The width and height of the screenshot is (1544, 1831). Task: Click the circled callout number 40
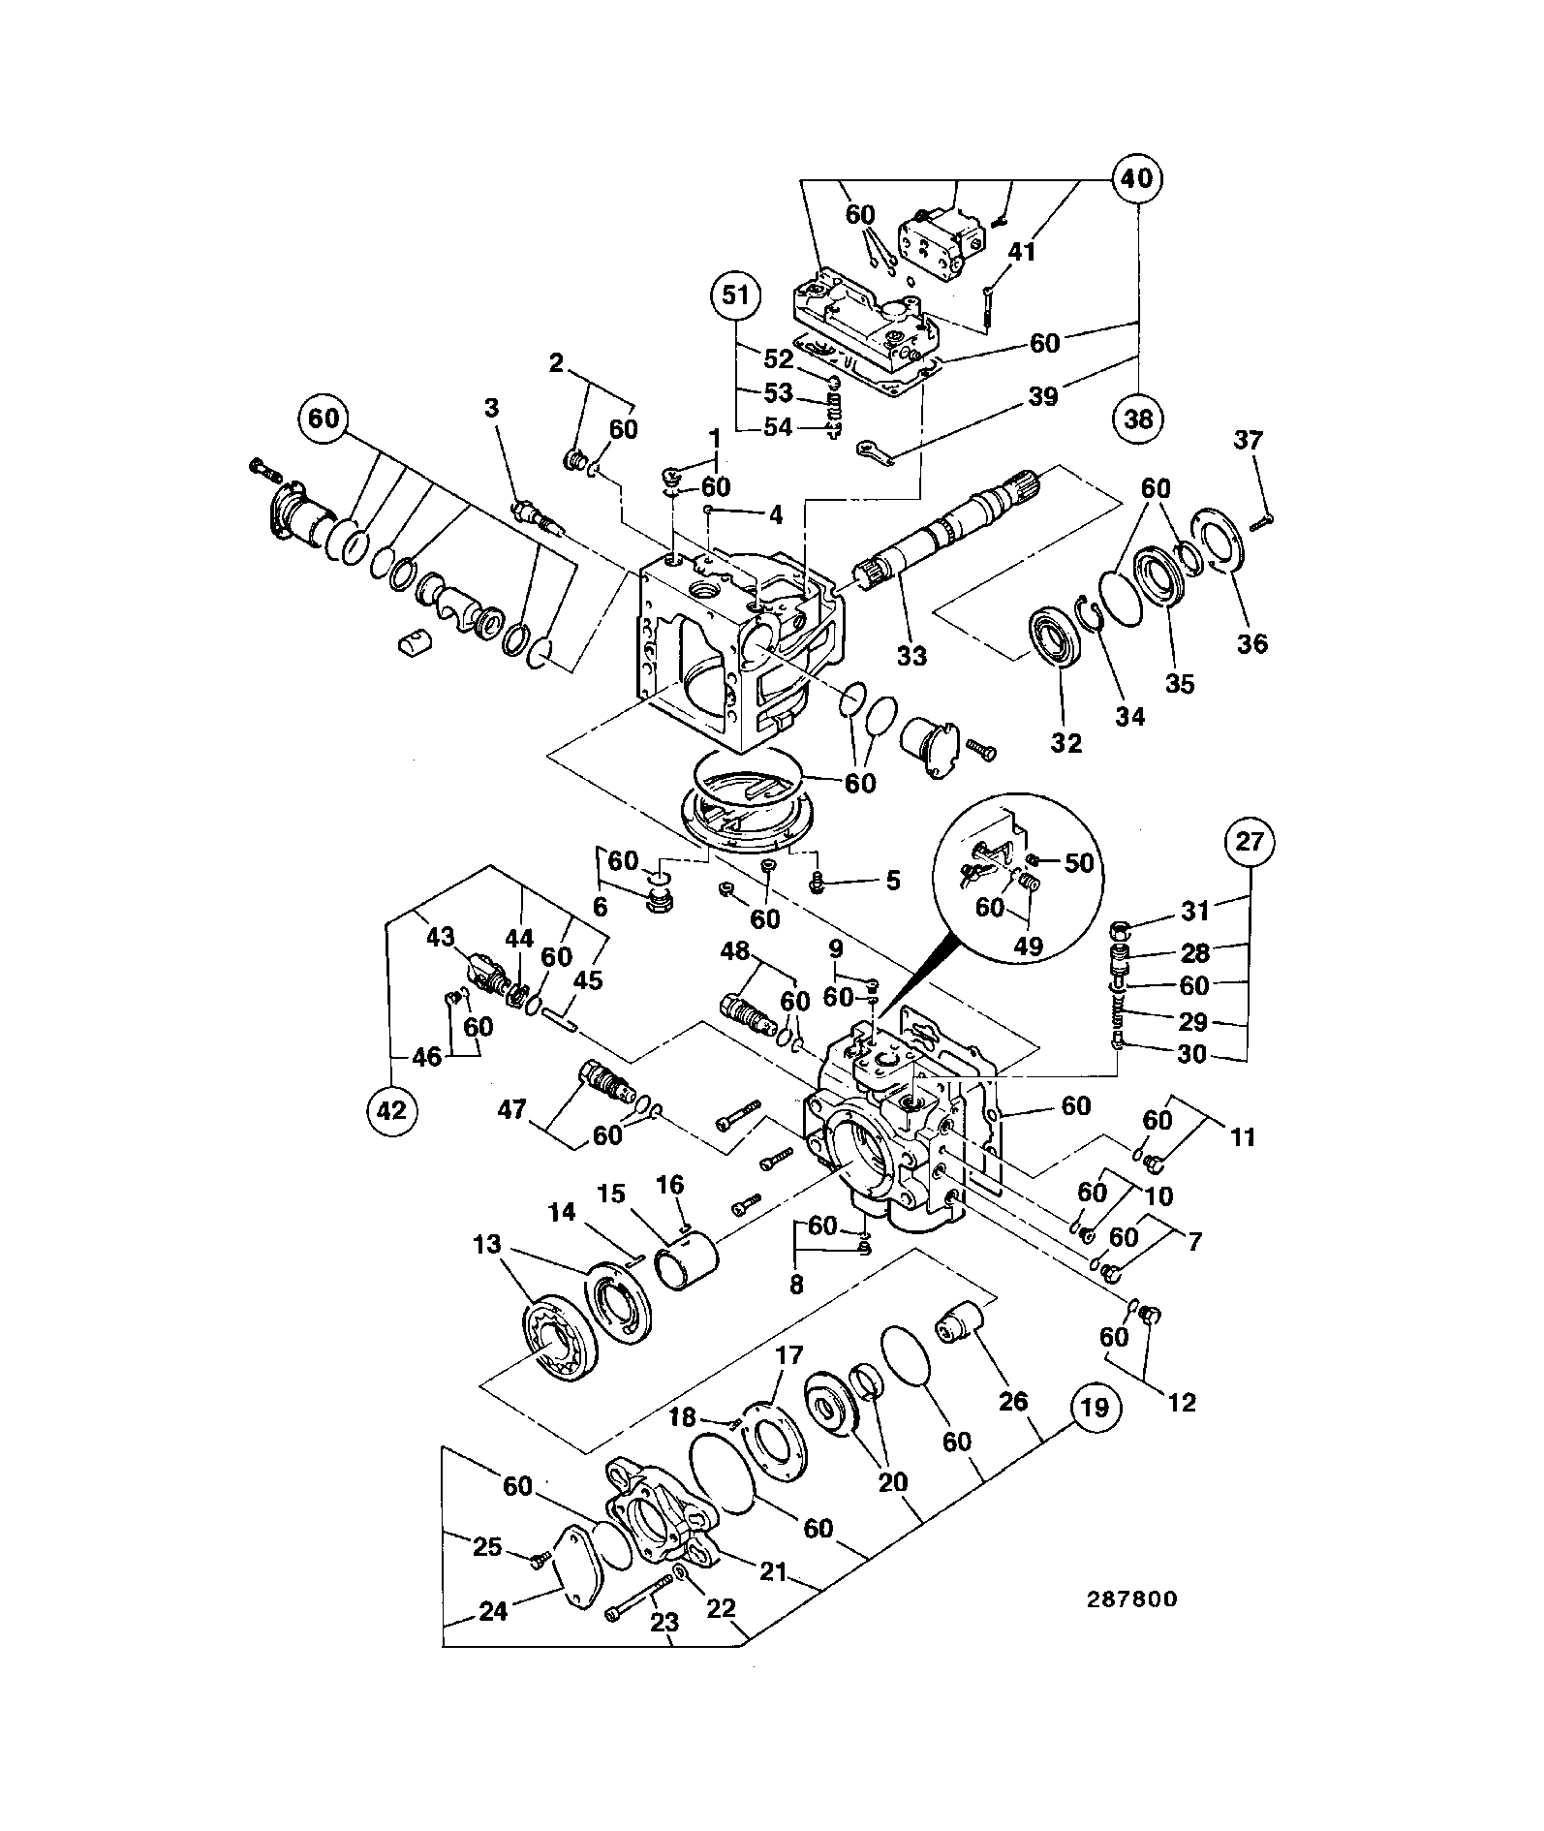coord(1137,178)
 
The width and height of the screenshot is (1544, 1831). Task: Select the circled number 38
coord(1138,419)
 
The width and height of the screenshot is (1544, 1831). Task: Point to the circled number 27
coord(1250,841)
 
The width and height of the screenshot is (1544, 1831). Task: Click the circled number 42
coord(391,1111)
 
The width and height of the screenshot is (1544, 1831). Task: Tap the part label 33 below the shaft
coord(911,656)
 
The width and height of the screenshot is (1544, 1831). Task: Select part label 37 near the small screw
coord(1249,441)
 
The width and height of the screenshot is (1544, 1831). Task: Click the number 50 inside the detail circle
coord(1078,862)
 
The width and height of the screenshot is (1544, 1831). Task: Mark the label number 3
coord(492,408)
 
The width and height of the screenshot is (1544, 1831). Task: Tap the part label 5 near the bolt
coord(892,880)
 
